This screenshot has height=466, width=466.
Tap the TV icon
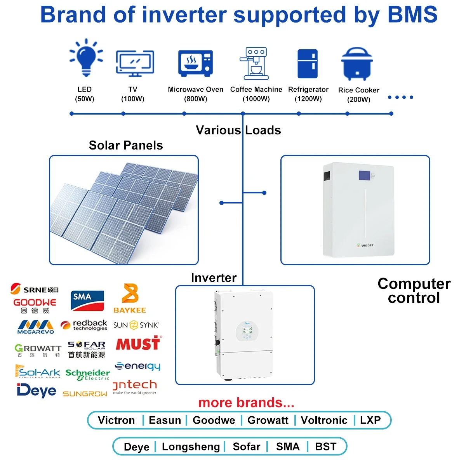tap(135, 63)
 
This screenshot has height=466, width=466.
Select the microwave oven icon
tap(195, 63)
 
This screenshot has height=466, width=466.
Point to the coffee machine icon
tap(254, 63)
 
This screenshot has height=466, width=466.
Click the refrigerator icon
tap(308, 64)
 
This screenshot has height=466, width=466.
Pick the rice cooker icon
tap(357, 64)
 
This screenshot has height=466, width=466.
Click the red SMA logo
tap(87, 301)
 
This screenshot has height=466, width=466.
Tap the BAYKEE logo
tap(130, 299)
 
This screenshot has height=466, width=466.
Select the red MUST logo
tap(138, 344)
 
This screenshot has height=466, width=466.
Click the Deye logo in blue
tap(37, 391)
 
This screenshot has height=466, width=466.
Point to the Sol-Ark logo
tap(38, 372)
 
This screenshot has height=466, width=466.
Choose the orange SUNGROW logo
tap(85, 394)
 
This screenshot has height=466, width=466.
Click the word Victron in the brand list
tap(116, 420)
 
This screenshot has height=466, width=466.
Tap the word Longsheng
tap(191, 447)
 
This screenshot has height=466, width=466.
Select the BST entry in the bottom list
tap(325, 447)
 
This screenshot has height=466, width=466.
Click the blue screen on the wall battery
tap(364, 176)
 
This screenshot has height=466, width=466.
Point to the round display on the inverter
tap(247, 332)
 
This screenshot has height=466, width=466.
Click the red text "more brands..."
tap(246, 403)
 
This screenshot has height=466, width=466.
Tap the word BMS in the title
tap(412, 15)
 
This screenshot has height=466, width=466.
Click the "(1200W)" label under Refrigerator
tap(308, 99)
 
